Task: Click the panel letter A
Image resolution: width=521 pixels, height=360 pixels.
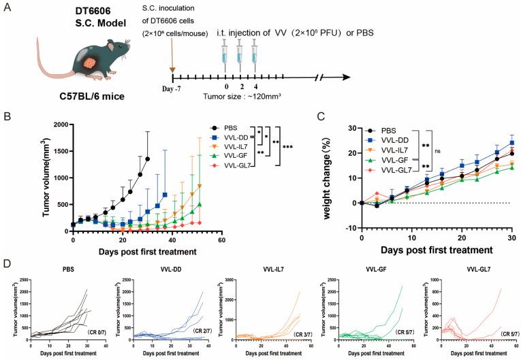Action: [x=9, y=9]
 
